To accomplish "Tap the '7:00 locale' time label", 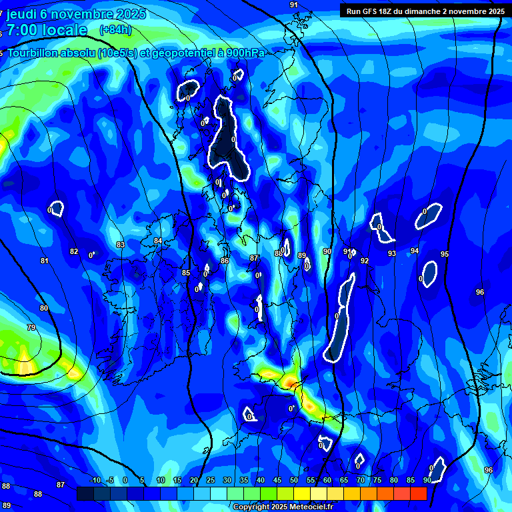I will coord(47,30).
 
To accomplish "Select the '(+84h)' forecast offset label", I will coord(115,29).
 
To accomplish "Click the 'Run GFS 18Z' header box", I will coord(424,11).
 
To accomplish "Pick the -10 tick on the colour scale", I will coord(95,481).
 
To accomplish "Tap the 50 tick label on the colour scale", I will coord(294,481).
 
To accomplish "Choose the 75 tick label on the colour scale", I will coord(377,481).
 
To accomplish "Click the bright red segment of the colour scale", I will coord(418,493).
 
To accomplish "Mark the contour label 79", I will coord(31,327).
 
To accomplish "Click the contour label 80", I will coord(44,308).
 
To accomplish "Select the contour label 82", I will coord(74,252).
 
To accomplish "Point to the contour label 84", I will coord(158,241).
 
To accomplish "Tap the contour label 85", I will coord(186,273).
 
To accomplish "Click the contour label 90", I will coord(327,251).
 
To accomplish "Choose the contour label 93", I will coord(392,253).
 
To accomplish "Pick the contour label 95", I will coord(445,255).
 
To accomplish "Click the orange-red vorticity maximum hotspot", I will coord(291,382).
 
